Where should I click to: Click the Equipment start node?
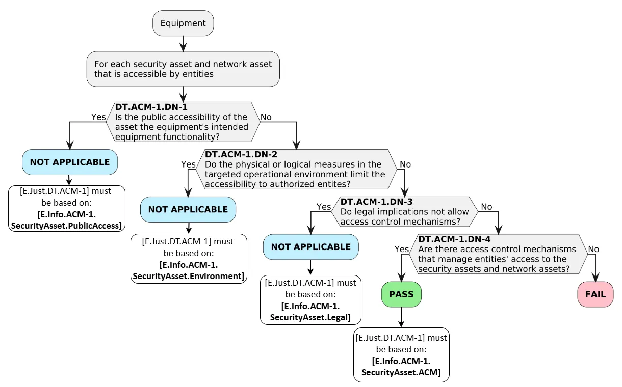183,23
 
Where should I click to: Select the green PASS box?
401,294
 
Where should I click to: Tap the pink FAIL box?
595,294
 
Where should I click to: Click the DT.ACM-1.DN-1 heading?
151,107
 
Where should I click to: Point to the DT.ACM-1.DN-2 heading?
241,154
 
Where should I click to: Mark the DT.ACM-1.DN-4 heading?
455,239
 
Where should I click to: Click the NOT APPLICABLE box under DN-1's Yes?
70,162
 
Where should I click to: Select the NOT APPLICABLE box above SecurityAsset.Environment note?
188,209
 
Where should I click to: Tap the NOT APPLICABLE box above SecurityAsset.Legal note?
310,247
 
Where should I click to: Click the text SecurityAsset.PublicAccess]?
66,226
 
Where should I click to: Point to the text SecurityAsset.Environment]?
189,276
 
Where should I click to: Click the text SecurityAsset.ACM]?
401,372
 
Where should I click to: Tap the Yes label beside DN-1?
98,117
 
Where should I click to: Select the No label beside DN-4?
593,249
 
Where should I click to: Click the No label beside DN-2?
405,164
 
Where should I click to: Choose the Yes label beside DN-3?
324,207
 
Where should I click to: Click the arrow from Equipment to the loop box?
183,44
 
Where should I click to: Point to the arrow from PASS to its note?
401,317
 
